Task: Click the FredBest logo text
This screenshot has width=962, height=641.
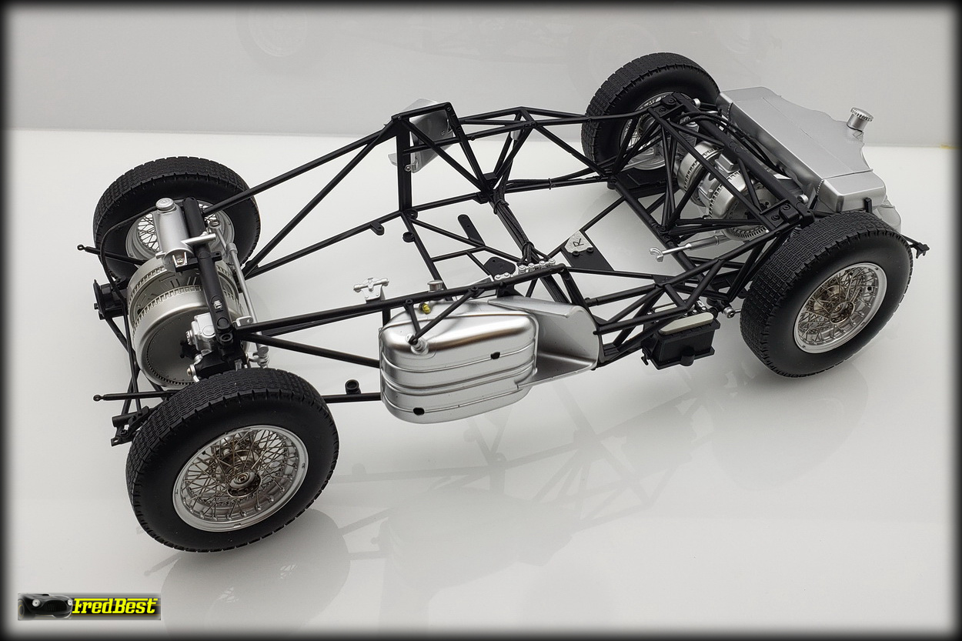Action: point(114,606)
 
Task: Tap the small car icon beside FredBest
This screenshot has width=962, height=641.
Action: point(44,606)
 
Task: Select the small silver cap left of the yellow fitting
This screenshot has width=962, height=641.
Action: point(436,285)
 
